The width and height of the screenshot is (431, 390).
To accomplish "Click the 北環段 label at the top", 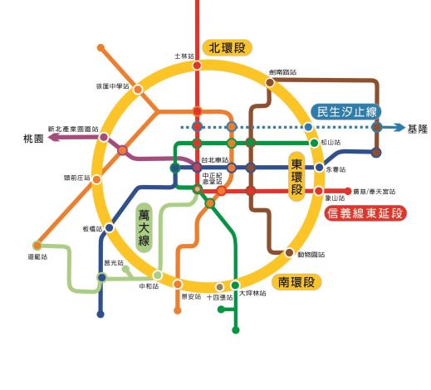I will coord(227,48).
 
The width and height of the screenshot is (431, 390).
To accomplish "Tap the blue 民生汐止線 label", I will coord(347,112).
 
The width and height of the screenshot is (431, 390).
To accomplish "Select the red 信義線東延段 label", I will coord(366,213).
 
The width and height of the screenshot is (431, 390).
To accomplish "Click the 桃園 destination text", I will coord(33,139).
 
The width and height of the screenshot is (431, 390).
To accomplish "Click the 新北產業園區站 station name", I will coord(73,129).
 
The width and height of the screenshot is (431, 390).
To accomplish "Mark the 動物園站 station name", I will coord(310,255).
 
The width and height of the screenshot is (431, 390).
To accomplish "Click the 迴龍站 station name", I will coord(37,257).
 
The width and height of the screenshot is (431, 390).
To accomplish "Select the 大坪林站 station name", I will coord(252,293).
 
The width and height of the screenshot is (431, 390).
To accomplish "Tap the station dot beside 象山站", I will coord(319,192).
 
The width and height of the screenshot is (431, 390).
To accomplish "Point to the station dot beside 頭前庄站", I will coord(96,178).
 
